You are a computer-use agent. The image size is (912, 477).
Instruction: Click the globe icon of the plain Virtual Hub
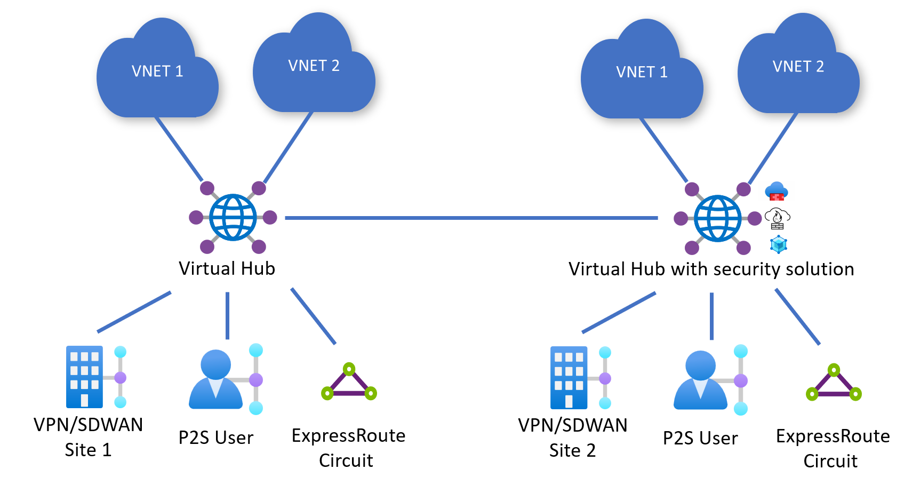[233, 217]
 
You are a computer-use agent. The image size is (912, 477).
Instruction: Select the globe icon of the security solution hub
[717, 218]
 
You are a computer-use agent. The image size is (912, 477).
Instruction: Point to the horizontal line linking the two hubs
[471, 218]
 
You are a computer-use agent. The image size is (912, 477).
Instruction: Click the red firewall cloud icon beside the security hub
[777, 191]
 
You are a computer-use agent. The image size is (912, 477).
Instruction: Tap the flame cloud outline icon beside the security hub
[777, 218]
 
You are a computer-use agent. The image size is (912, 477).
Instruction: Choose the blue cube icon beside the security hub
[779, 244]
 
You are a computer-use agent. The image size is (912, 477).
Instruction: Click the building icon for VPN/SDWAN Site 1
[85, 377]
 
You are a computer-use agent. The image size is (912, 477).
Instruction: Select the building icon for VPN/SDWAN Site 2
[569, 377]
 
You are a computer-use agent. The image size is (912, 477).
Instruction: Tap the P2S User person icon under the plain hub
[216, 380]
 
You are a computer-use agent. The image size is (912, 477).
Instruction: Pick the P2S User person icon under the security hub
[700, 380]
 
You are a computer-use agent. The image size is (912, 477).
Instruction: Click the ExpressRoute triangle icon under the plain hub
[349, 383]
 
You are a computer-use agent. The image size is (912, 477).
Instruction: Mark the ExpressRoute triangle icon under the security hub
[834, 384]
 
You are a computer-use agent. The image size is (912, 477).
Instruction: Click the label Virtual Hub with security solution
[711, 269]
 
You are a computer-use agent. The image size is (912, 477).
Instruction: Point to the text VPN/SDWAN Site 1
[88, 437]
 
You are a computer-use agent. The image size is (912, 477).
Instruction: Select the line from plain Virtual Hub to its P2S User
[227, 315]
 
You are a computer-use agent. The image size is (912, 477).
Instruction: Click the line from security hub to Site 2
[619, 312]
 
